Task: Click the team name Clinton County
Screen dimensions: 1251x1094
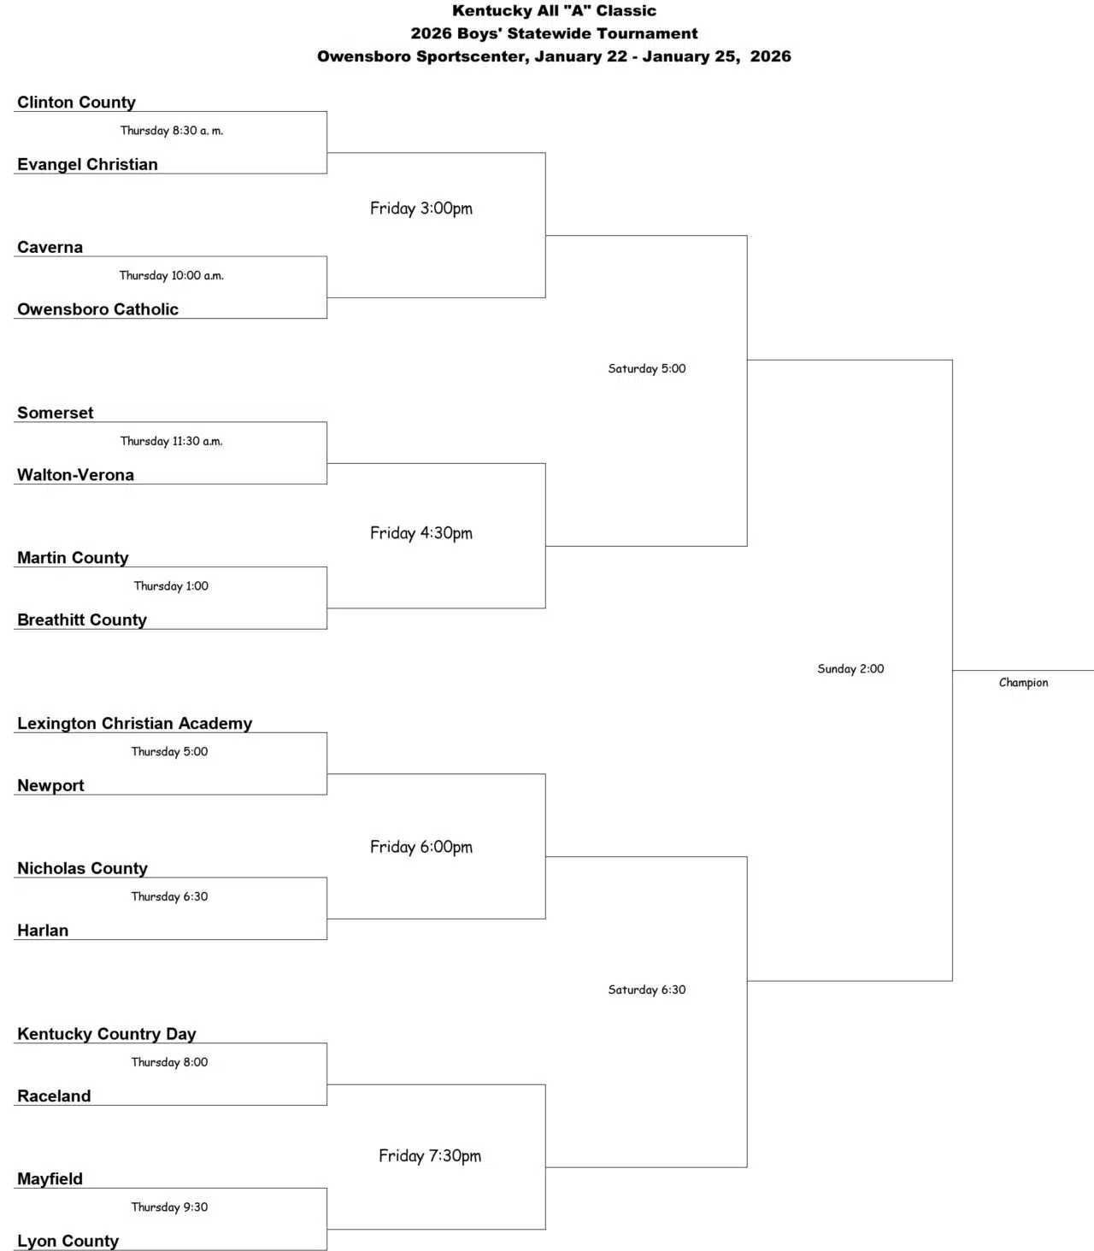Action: [x=76, y=103]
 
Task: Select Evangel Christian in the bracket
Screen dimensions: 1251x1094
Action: [x=87, y=165]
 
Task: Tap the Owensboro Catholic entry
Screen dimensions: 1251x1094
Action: [x=97, y=309]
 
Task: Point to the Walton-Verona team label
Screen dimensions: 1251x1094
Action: [x=75, y=475]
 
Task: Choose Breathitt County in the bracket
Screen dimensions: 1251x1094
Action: [x=82, y=620]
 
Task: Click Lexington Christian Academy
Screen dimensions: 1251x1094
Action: [x=134, y=724]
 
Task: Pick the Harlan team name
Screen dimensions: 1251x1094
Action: [x=43, y=931]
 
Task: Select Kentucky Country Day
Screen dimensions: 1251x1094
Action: [x=106, y=1034]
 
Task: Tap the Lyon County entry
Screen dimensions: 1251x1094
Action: [x=68, y=1242]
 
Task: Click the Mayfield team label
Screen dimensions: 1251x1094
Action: [x=50, y=1179]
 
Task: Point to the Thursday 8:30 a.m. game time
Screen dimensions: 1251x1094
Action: [x=171, y=131]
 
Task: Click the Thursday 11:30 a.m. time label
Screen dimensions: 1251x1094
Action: [x=171, y=441]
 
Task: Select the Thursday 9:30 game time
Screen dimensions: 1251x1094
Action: [x=169, y=1207]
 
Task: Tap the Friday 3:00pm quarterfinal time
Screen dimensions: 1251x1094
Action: [x=421, y=208]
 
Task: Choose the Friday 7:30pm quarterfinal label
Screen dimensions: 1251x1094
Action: [x=430, y=1156]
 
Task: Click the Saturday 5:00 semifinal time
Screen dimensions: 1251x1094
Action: [x=646, y=369]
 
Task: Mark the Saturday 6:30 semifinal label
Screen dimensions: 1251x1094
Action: [x=646, y=990]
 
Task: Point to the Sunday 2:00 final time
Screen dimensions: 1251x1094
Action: [x=850, y=669]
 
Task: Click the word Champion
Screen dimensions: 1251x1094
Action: [x=1023, y=683]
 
